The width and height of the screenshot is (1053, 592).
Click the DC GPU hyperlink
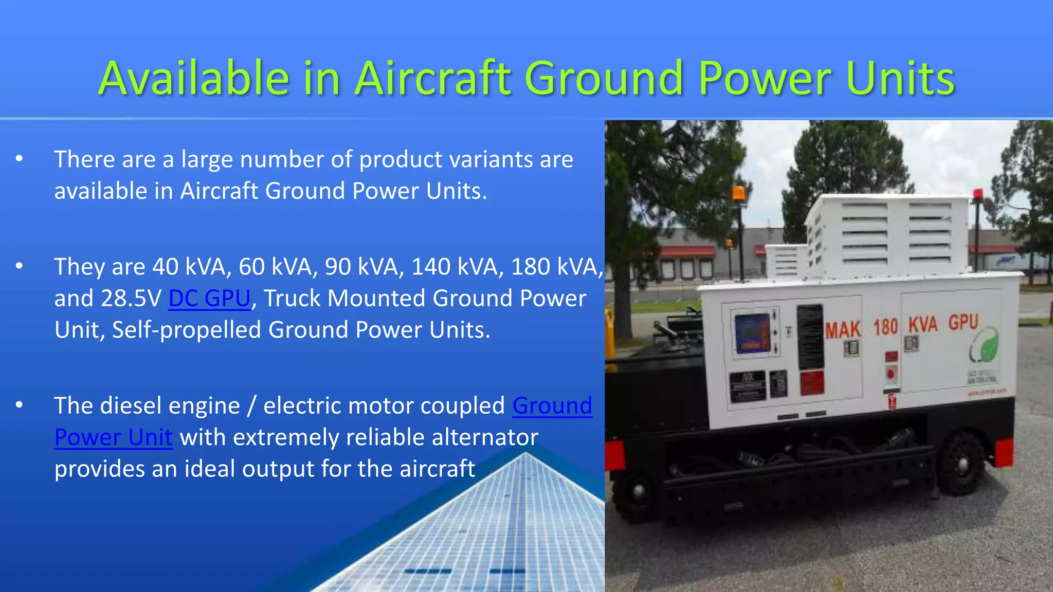pyautogui.click(x=209, y=299)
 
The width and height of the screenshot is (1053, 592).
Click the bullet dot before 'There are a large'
pyautogui.click(x=19, y=159)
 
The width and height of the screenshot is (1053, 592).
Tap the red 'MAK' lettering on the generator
pyautogui.click(x=843, y=330)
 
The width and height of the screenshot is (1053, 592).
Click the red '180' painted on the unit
pyautogui.click(x=885, y=327)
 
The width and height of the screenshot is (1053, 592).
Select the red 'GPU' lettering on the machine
pyautogui.click(x=963, y=322)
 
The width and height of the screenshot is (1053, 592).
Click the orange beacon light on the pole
pyautogui.click(x=738, y=194)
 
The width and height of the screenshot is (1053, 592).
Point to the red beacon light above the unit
pyautogui.click(x=977, y=195)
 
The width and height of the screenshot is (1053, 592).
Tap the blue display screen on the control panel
pyautogui.click(x=752, y=332)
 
